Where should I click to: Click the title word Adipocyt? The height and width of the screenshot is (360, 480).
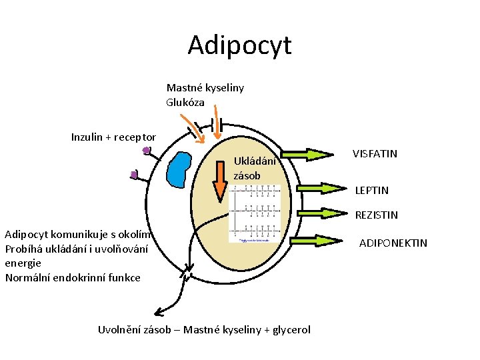pos(239,45)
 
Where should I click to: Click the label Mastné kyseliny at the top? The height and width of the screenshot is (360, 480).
pos(205,87)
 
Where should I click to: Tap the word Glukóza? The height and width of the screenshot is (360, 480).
pos(185,102)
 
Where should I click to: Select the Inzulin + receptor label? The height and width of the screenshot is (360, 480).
pos(113,137)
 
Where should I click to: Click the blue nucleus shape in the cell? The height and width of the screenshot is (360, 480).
pos(178,170)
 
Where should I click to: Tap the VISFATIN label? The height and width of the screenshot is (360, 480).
pos(375,154)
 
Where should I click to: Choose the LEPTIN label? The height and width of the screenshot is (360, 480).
pos(371,191)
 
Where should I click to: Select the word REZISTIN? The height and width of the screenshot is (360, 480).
pos(376,215)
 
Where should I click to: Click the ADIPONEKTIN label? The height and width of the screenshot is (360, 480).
pos(393,243)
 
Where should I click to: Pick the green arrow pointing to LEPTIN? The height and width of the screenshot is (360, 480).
pos(316,188)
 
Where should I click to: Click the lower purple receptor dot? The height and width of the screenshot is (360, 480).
pos(134,175)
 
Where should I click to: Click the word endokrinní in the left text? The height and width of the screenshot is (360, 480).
pos(79,277)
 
